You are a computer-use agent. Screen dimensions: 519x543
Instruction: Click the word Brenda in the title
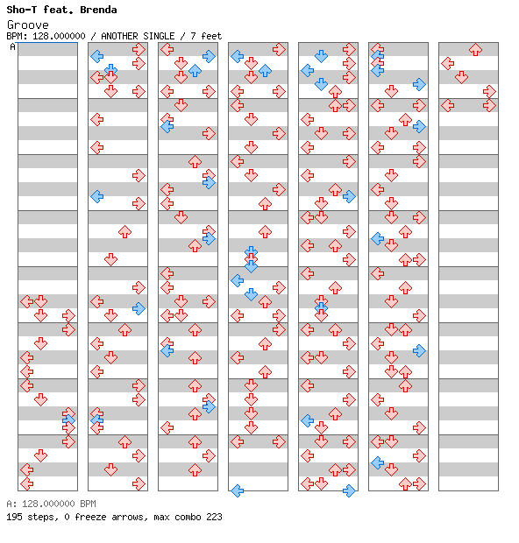[98, 10]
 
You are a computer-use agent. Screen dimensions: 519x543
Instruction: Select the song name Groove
[28, 25]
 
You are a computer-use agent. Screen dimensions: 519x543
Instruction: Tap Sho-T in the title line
[22, 10]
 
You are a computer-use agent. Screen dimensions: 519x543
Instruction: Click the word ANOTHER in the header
[120, 36]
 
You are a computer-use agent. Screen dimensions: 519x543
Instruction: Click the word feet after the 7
[211, 36]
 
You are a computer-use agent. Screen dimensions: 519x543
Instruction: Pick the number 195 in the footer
[14, 517]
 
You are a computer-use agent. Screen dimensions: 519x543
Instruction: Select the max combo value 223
[214, 517]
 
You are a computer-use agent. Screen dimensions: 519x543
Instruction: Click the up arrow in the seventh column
[475, 50]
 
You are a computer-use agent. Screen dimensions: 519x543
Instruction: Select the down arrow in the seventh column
[461, 77]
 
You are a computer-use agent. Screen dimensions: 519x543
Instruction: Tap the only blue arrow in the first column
[68, 420]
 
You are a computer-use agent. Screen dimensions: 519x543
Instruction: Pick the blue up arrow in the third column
[195, 70]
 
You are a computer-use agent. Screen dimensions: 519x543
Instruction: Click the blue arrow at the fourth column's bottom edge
[237, 490]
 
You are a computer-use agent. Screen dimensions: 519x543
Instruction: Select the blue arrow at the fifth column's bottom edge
[349, 490]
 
